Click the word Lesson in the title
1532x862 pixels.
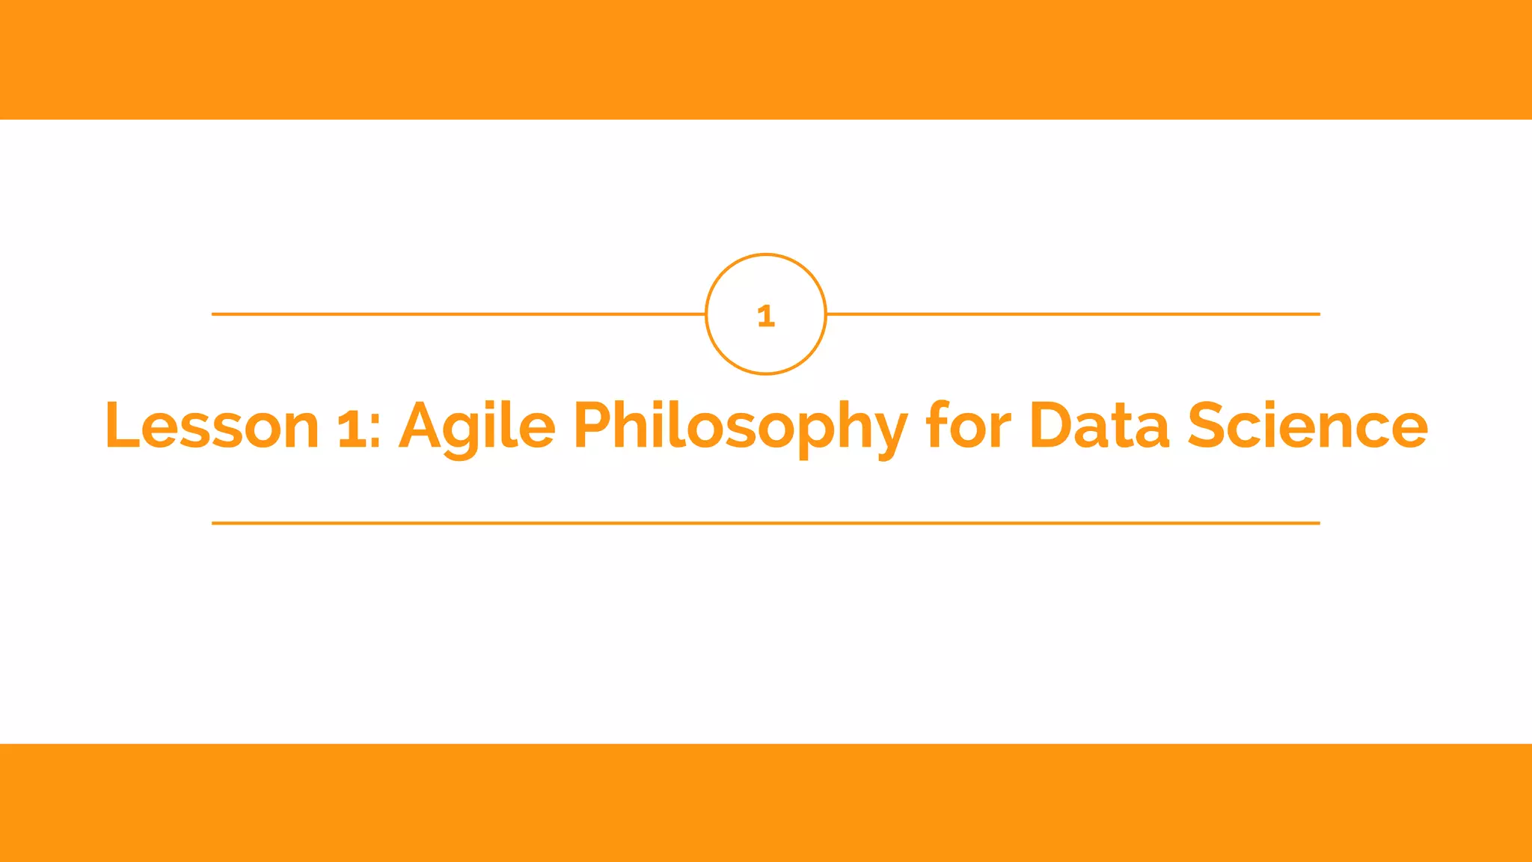pyautogui.click(x=212, y=426)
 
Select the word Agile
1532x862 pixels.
pyautogui.click(x=477, y=426)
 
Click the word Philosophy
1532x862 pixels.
pyautogui.click(x=741, y=426)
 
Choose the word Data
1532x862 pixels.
pyautogui.click(x=1100, y=426)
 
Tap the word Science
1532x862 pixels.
pyautogui.click(x=1308, y=426)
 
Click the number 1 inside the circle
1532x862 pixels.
pyautogui.click(x=765, y=316)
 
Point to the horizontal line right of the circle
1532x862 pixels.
pyautogui.click(x=1073, y=314)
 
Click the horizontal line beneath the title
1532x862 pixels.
pyautogui.click(x=766, y=523)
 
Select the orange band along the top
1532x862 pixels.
pyautogui.click(x=766, y=60)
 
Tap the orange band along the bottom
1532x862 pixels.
pyautogui.click(x=766, y=803)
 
